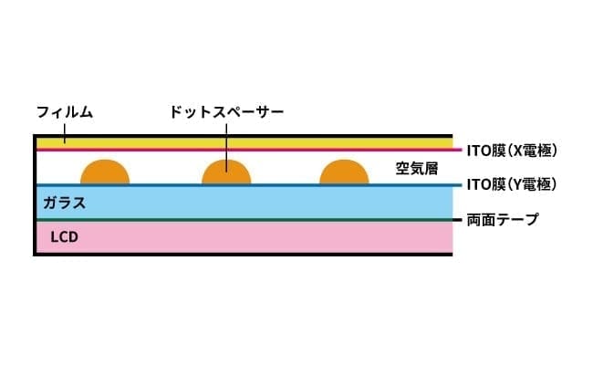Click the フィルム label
click(x=65, y=112)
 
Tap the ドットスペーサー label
click(x=226, y=112)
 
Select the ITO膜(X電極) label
click(x=512, y=151)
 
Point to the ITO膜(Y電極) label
click(x=512, y=184)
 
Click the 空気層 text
click(x=417, y=168)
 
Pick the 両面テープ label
click(x=503, y=219)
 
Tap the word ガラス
click(x=65, y=203)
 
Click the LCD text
click(x=64, y=237)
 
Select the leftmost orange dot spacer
click(x=105, y=172)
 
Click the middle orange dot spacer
click(x=226, y=172)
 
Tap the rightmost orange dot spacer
click(x=344, y=172)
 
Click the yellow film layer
click(x=244, y=143)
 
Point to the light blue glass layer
click(x=244, y=203)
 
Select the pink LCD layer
click(x=244, y=237)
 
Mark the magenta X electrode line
click(x=249, y=150)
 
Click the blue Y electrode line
click(x=249, y=185)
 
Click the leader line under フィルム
click(x=65, y=134)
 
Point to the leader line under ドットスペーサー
click(x=226, y=148)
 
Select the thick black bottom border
click(x=243, y=255)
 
